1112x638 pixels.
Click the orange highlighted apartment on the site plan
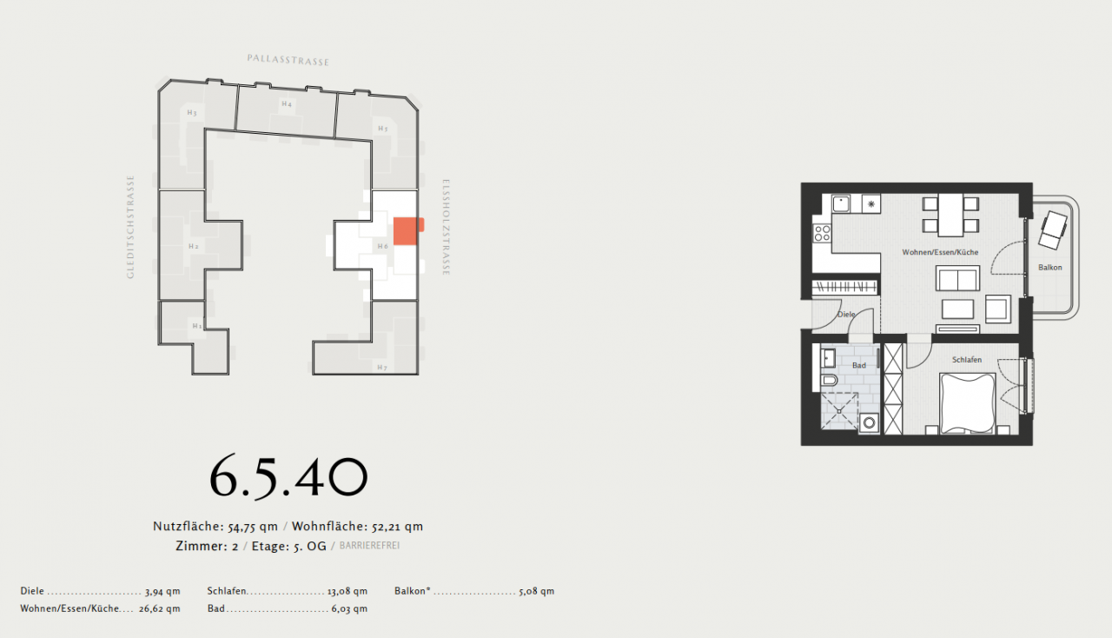point(407,230)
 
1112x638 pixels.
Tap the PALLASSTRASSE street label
point(288,60)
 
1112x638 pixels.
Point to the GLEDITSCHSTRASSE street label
point(131,227)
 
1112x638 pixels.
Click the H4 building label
point(286,104)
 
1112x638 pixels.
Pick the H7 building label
point(381,367)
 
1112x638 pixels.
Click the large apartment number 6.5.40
point(288,477)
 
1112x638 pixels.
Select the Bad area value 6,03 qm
point(349,608)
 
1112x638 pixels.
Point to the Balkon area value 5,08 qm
point(536,591)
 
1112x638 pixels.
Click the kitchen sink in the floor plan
point(841,203)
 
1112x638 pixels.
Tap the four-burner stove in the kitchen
point(822,233)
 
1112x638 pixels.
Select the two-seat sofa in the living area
point(957,279)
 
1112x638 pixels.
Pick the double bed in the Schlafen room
point(968,402)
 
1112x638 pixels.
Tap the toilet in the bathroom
point(829,381)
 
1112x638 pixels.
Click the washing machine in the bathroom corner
point(869,422)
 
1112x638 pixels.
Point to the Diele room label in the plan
point(846,314)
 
